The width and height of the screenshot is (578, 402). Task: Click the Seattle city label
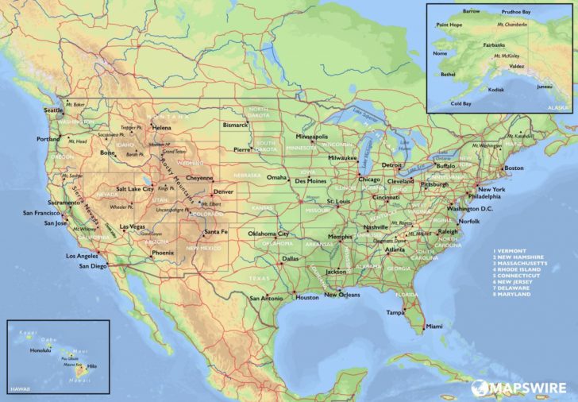click(x=52, y=110)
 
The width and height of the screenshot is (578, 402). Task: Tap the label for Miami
click(x=434, y=327)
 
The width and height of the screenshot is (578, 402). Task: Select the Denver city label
click(x=223, y=191)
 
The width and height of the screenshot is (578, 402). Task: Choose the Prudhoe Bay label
click(x=516, y=12)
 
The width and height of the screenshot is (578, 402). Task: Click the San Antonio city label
click(x=266, y=298)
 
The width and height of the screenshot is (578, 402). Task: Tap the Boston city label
click(x=514, y=168)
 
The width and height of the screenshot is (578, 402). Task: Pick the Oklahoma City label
click(x=273, y=234)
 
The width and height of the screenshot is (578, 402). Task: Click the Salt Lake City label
click(x=135, y=188)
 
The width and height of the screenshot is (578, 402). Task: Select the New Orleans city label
click(x=342, y=295)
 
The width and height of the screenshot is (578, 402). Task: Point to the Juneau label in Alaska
click(x=545, y=86)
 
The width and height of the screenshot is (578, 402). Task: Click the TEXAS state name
click(x=259, y=279)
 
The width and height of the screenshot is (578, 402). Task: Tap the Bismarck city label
click(x=235, y=125)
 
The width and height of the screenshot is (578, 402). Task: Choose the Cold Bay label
click(x=461, y=103)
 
